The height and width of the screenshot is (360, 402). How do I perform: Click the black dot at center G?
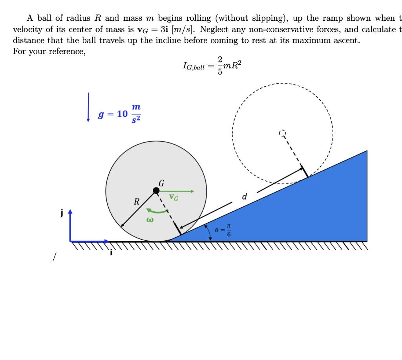click(156, 191)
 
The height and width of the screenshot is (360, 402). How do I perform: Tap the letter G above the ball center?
click(161, 183)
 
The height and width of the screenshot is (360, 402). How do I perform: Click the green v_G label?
click(174, 197)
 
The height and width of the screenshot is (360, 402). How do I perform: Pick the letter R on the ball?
click(136, 202)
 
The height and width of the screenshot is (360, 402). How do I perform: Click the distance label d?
click(244, 196)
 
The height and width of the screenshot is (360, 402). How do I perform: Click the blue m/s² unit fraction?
click(135, 114)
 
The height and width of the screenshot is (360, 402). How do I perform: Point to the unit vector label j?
click(61, 213)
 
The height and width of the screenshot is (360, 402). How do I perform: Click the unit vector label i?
click(111, 253)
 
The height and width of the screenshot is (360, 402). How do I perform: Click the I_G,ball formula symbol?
click(194, 67)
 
